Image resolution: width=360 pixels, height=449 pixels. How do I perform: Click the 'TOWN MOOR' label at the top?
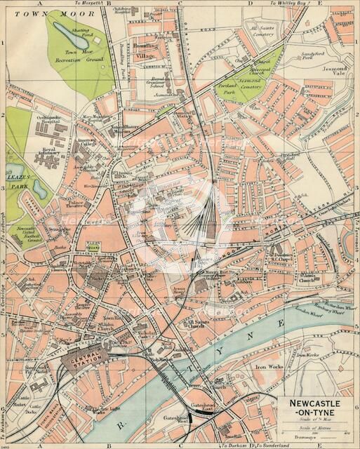click(x=29, y=13)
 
